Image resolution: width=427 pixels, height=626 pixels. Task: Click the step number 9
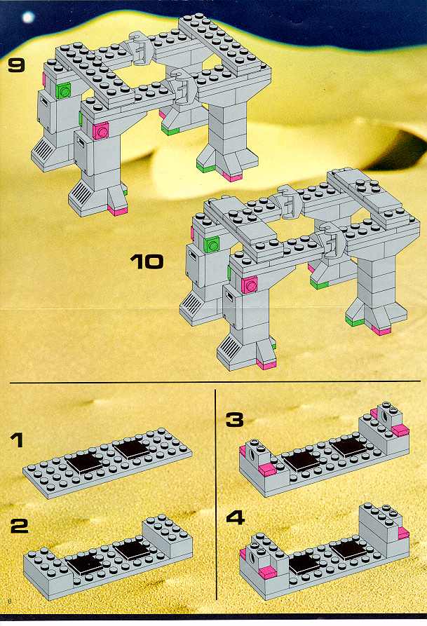16,66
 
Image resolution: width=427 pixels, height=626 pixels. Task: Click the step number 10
147,262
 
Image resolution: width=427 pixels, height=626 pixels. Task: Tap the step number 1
17,441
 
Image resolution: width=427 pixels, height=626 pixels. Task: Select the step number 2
20,526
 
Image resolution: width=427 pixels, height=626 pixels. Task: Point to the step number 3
234,420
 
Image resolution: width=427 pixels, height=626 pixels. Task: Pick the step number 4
236,518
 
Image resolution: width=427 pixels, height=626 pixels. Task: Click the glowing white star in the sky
28,17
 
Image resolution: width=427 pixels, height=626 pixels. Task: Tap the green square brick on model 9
64,90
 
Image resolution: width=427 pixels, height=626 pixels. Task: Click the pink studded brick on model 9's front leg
101,130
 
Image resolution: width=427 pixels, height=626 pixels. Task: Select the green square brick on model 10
212,244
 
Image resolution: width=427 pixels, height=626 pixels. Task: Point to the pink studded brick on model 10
249,285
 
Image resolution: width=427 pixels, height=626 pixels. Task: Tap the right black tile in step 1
133,449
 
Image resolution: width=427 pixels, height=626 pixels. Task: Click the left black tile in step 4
305,565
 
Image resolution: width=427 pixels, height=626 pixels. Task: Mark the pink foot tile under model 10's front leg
266,363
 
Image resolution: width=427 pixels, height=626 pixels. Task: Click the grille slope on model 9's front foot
81,191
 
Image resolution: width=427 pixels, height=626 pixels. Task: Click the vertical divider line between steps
216,494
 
